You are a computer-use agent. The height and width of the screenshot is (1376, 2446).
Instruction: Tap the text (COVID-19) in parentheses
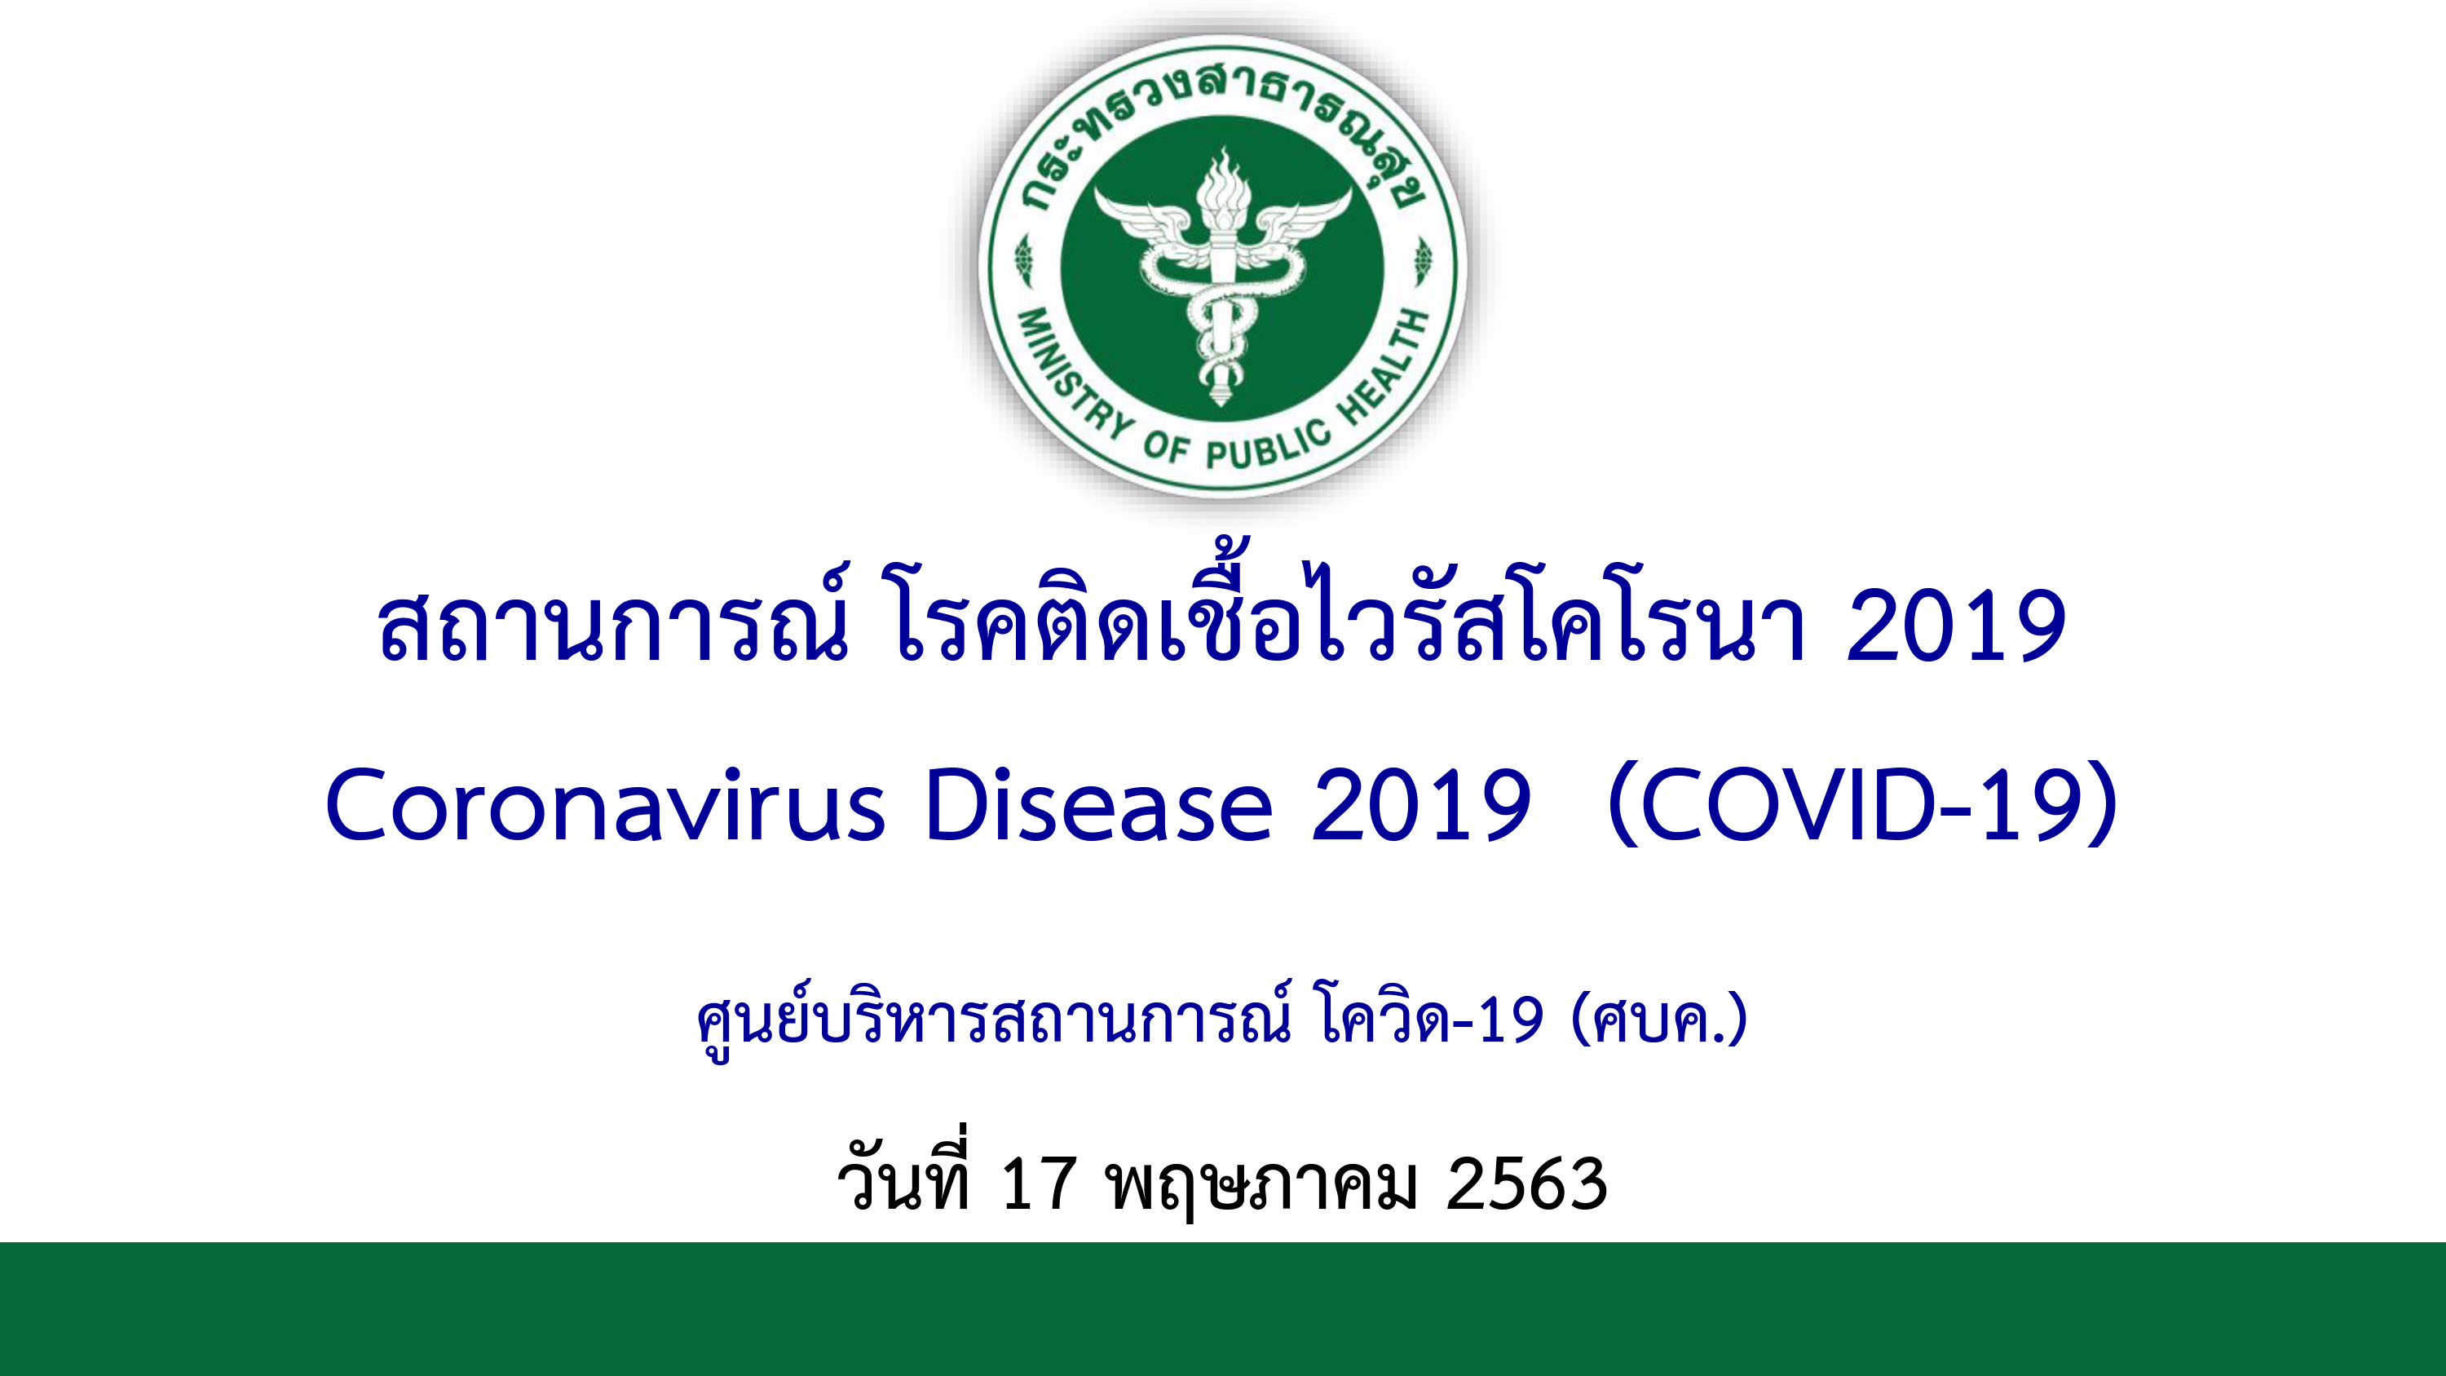tap(1862, 808)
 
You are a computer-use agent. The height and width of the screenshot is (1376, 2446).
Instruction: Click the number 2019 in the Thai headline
tap(1956, 626)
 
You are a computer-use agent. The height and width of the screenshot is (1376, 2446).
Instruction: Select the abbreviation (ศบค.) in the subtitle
tap(1661, 1023)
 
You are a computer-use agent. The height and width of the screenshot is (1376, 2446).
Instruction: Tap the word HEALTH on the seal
tap(1385, 368)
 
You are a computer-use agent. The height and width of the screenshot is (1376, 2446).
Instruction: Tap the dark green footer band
tap(1223, 1308)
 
